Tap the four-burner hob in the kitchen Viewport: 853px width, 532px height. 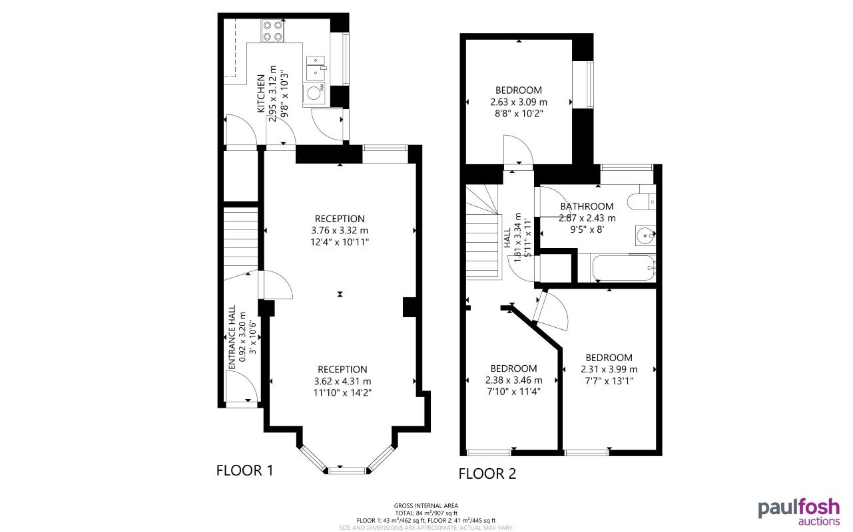[272, 31]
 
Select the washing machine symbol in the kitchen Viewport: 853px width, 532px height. [314, 93]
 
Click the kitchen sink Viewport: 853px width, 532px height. [316, 66]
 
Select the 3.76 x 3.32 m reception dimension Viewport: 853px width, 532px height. [340, 231]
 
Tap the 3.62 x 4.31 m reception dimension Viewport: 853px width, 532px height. [342, 381]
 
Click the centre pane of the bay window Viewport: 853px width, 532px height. [347, 470]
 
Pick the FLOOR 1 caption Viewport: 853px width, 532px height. [245, 471]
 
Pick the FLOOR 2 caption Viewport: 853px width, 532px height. [487, 474]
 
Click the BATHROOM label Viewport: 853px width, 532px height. [587, 206]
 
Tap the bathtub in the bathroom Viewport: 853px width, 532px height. [623, 268]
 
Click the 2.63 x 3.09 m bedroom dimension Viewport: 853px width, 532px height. [518, 102]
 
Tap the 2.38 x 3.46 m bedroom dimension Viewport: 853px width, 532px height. [513, 380]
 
